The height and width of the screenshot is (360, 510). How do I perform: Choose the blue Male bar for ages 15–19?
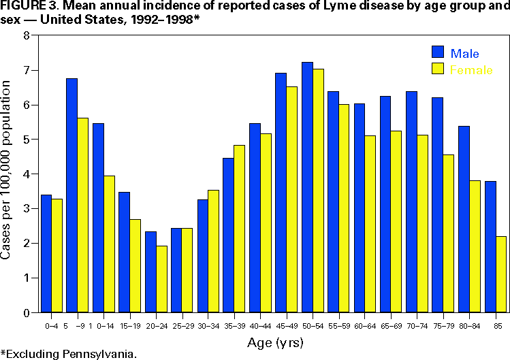click(x=124, y=252)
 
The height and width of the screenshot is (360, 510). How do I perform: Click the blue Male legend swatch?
click(x=437, y=53)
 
